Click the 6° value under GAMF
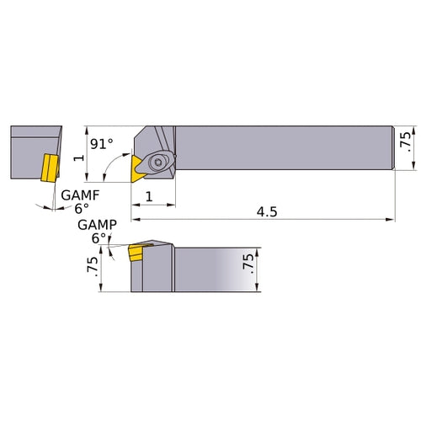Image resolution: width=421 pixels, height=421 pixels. pos(80,207)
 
